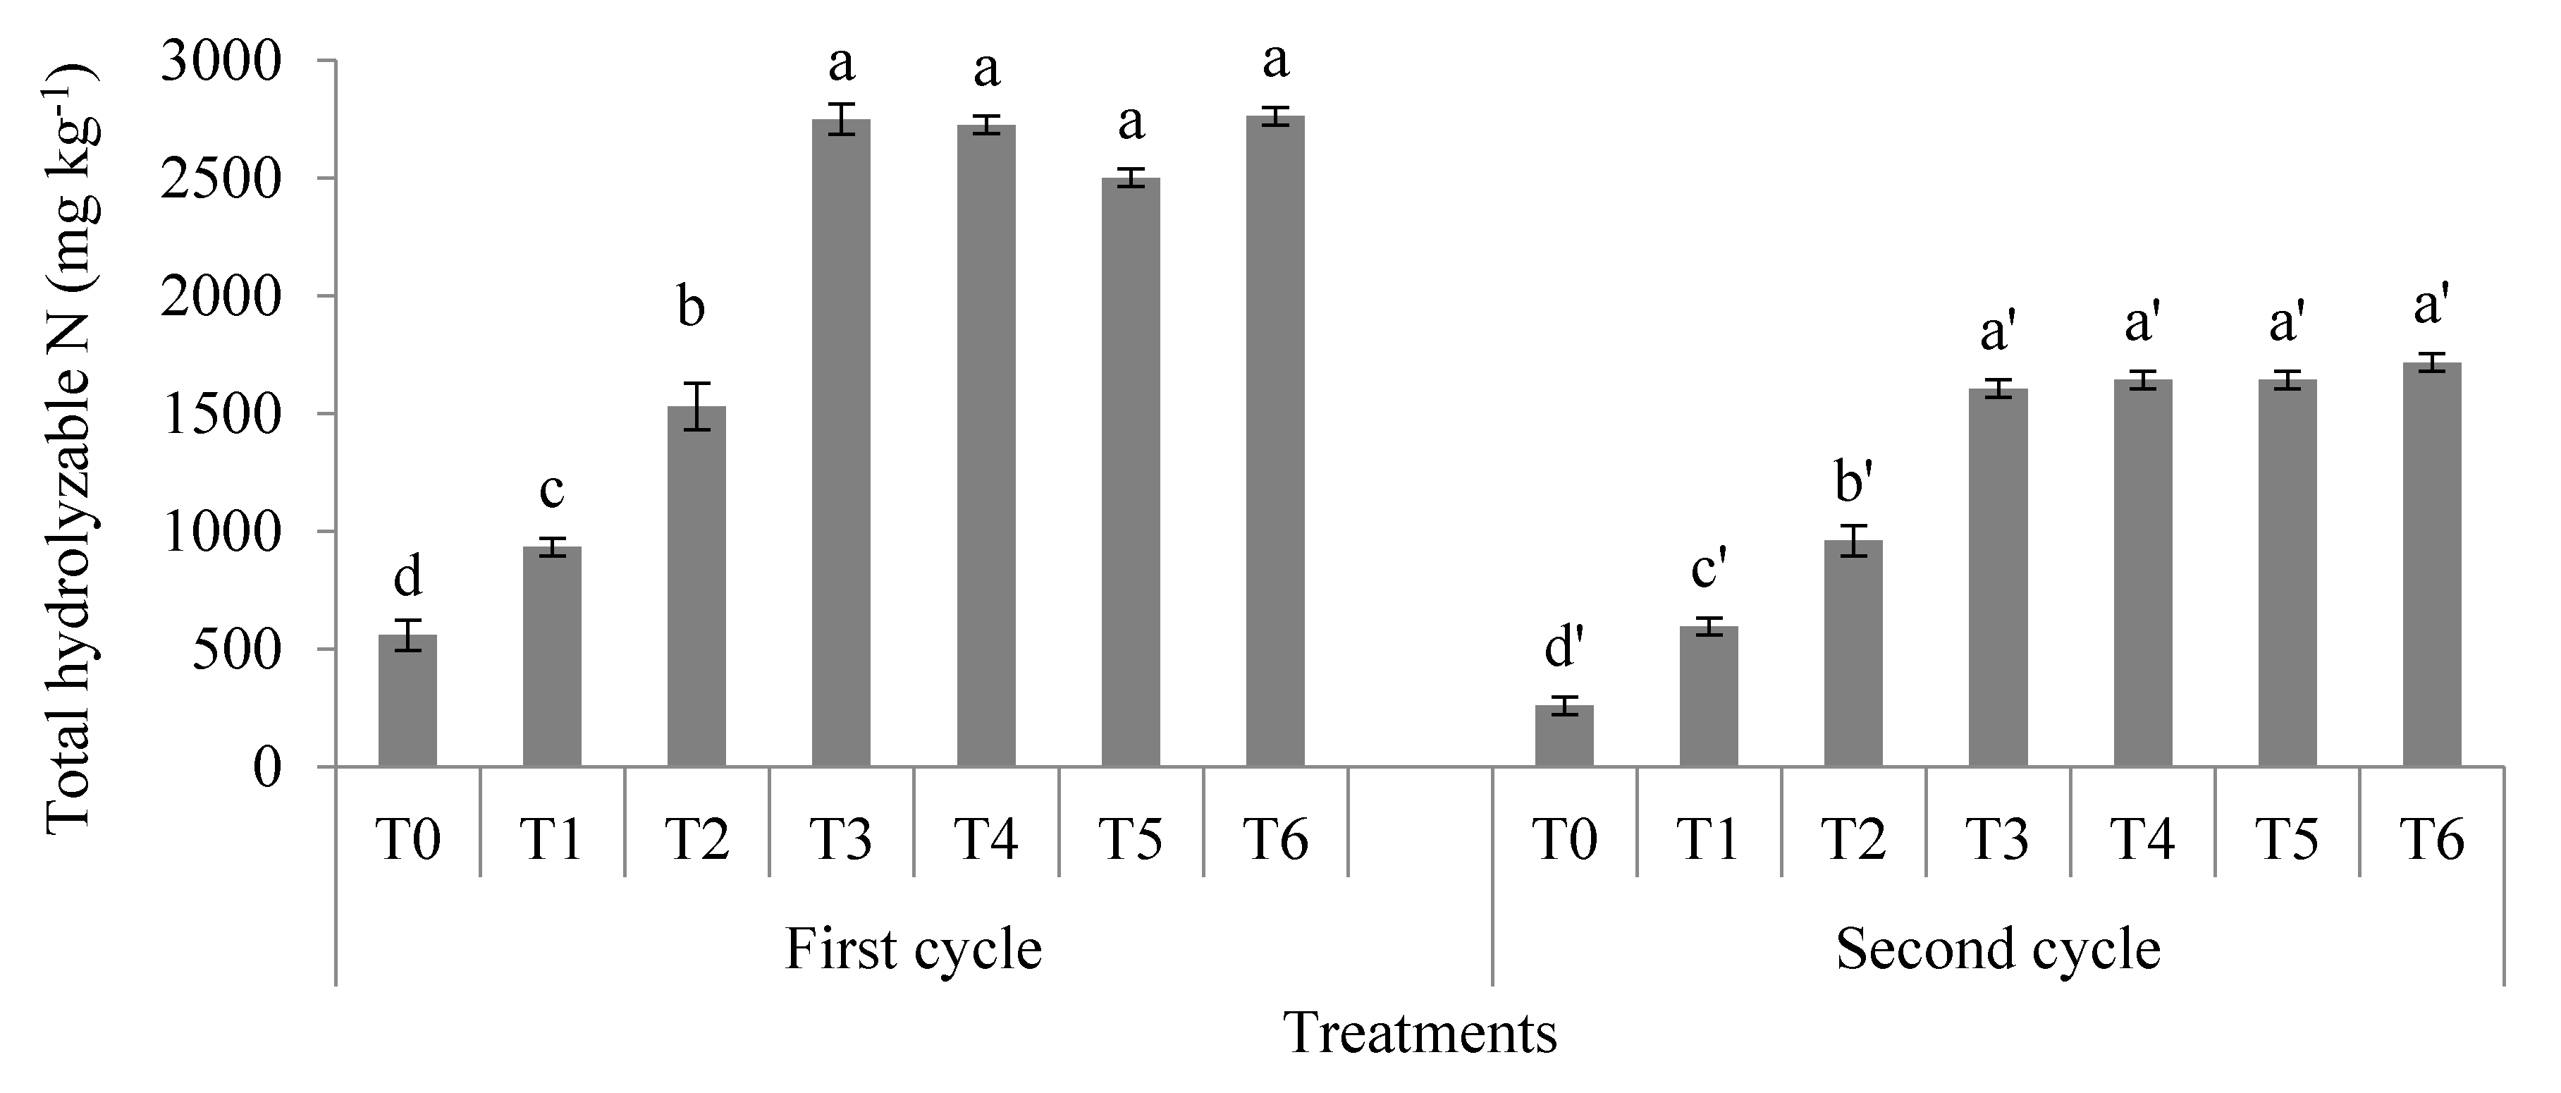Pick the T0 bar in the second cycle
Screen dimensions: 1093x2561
tap(1564, 736)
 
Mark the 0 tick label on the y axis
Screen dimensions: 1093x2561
tap(267, 768)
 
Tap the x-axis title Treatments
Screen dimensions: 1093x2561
tap(1420, 1034)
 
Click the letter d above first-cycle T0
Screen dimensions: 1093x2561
tap(407, 576)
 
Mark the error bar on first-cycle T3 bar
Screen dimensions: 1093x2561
tap(841, 119)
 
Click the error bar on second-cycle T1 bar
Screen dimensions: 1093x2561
tap(1709, 627)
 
